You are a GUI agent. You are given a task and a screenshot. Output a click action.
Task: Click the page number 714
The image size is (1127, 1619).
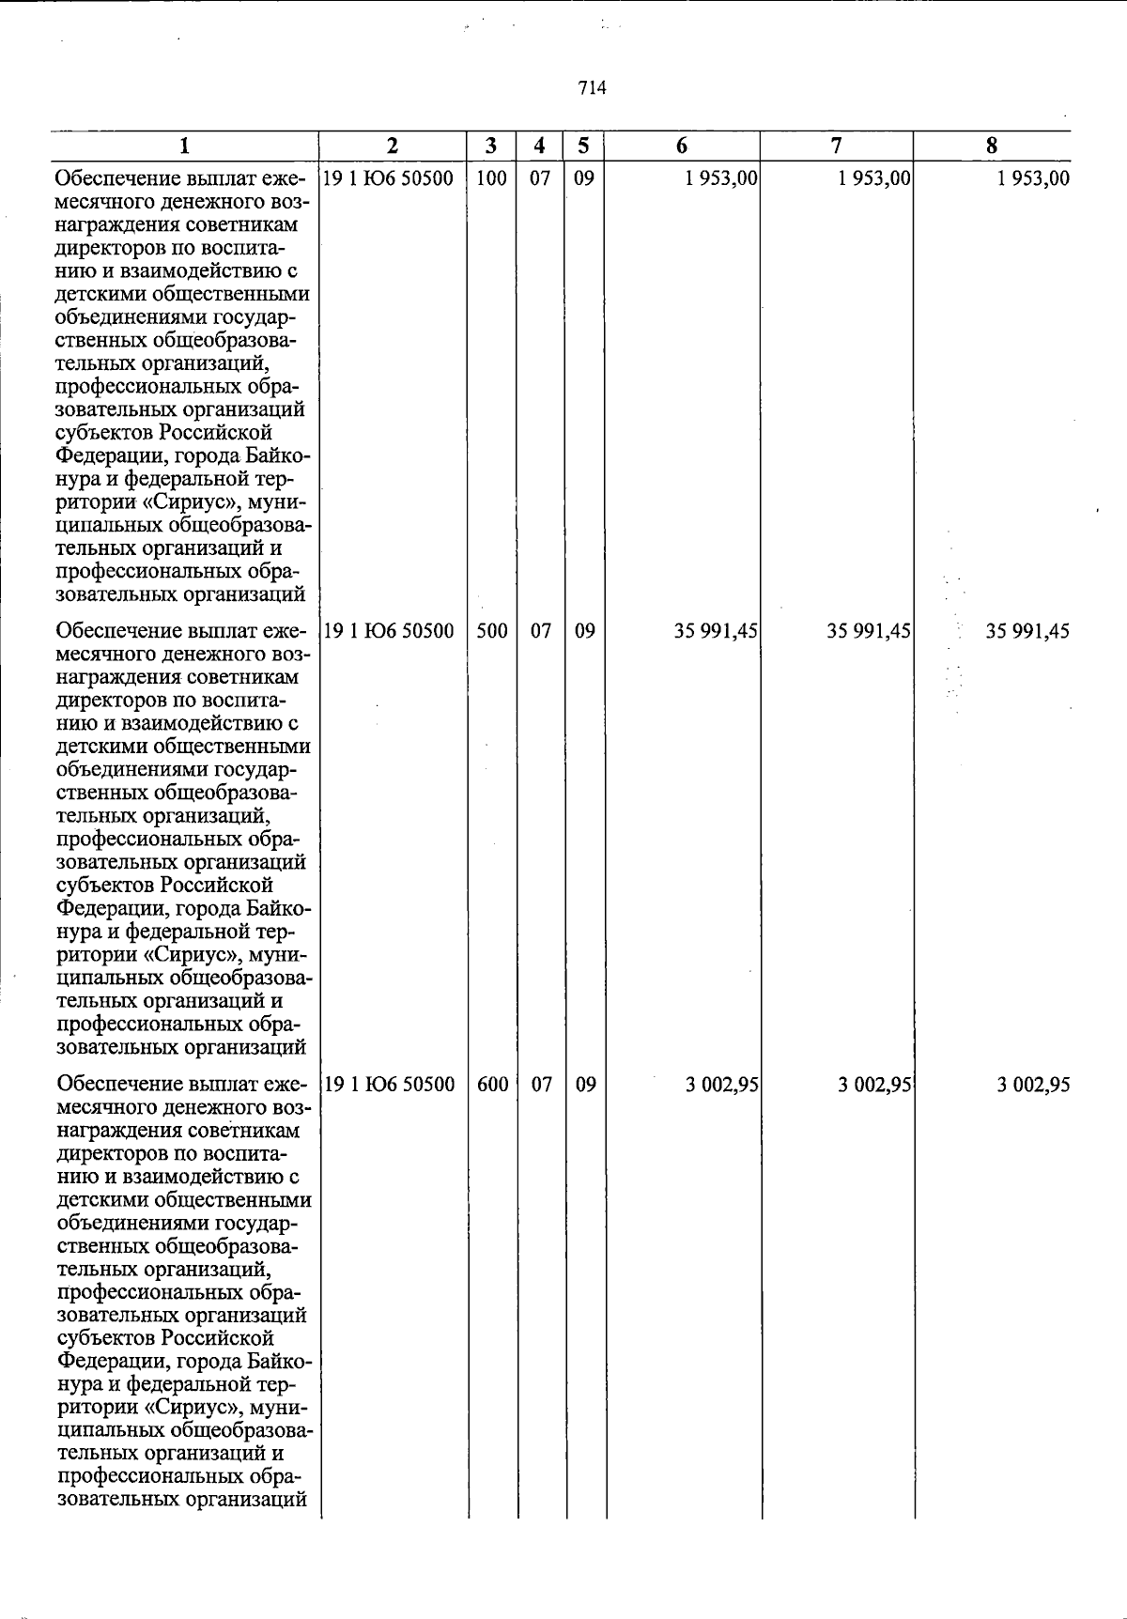(593, 88)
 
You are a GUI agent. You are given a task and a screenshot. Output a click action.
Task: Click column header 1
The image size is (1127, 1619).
(185, 146)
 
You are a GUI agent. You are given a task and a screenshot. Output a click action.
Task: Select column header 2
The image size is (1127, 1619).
(392, 146)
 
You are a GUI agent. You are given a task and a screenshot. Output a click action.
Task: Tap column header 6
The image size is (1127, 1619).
(682, 146)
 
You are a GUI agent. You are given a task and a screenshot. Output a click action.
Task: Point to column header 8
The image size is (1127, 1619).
(992, 146)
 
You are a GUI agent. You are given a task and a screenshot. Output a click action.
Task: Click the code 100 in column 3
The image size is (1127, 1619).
(491, 178)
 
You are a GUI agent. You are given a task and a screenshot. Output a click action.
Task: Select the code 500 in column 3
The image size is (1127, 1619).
(491, 631)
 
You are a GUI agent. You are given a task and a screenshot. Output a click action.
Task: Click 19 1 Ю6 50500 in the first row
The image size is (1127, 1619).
(389, 178)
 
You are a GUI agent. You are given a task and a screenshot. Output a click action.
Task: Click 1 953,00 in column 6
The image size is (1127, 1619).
(721, 178)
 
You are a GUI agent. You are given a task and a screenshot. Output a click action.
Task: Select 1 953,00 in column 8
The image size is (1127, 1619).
(1033, 178)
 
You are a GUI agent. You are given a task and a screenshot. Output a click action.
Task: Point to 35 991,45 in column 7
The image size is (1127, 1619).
(869, 631)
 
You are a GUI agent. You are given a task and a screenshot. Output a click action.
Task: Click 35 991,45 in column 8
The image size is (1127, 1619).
(1027, 631)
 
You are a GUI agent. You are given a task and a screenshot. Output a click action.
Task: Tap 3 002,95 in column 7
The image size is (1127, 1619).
(875, 1085)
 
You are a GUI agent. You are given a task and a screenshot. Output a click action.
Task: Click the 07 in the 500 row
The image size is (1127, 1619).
(541, 631)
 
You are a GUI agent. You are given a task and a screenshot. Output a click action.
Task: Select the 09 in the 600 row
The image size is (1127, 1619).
(585, 1085)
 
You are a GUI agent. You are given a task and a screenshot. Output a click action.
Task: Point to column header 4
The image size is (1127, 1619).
(539, 146)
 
